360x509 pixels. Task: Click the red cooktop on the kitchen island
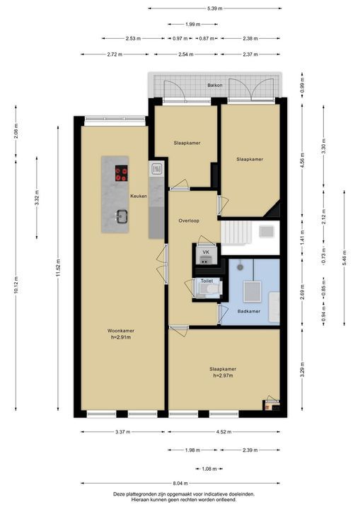click(x=121, y=173)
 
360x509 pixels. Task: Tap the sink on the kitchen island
click(x=122, y=216)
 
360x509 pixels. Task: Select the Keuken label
click(x=139, y=196)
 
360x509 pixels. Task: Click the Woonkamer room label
click(x=121, y=331)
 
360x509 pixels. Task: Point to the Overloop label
click(x=189, y=221)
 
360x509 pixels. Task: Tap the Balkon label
click(x=215, y=85)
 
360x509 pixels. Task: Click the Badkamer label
click(x=249, y=311)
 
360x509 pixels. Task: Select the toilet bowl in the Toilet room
click(x=213, y=289)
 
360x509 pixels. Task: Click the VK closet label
click(x=206, y=252)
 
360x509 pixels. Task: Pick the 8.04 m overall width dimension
click(x=180, y=483)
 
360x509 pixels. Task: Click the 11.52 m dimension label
click(x=58, y=268)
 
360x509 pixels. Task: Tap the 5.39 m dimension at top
click(x=215, y=8)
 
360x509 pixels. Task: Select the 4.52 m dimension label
click(x=224, y=432)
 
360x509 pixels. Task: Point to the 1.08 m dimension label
click(x=209, y=469)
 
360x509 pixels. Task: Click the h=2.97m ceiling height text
click(x=223, y=375)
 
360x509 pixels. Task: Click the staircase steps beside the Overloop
click(x=236, y=233)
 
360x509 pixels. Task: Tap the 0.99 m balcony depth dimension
click(x=302, y=86)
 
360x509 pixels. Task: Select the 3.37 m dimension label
click(x=123, y=432)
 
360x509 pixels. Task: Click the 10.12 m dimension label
click(x=16, y=285)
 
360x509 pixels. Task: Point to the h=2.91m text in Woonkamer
click(x=121, y=337)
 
